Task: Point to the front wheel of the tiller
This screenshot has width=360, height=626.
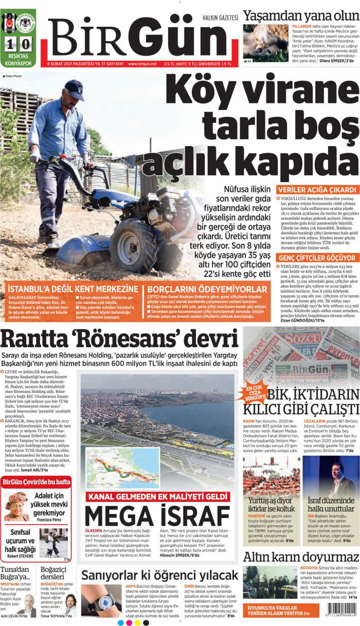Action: [x=132, y=241]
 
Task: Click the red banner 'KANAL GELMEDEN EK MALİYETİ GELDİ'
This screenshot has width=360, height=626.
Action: [x=157, y=496]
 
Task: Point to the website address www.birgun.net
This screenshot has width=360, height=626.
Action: [x=142, y=64]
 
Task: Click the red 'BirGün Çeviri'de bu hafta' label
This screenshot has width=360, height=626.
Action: [x=36, y=481]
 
